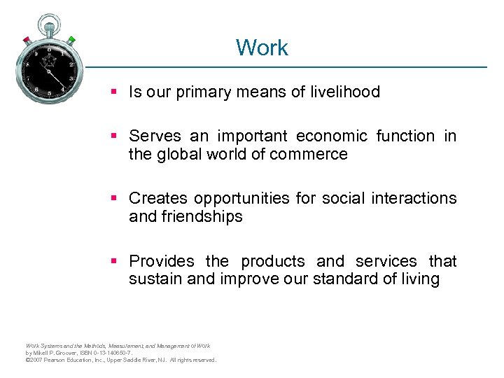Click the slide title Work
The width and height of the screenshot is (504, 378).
[262, 48]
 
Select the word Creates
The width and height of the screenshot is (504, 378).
[159, 198]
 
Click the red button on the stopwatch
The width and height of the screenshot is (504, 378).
[26, 40]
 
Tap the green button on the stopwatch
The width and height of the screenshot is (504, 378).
[72, 40]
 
